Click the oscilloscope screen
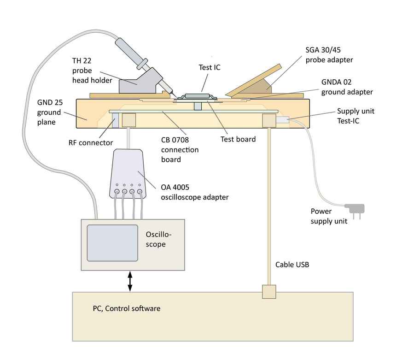click(112, 243)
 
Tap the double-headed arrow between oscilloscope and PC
click(130, 281)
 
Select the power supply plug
click(356, 210)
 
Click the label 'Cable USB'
click(292, 265)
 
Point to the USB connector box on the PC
click(268, 292)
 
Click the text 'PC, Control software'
click(127, 308)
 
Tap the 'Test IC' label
click(210, 67)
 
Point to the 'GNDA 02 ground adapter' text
click(347, 87)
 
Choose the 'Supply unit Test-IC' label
click(356, 115)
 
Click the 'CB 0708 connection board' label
click(180, 150)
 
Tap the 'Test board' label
click(238, 139)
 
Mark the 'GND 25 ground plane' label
click(49, 112)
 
